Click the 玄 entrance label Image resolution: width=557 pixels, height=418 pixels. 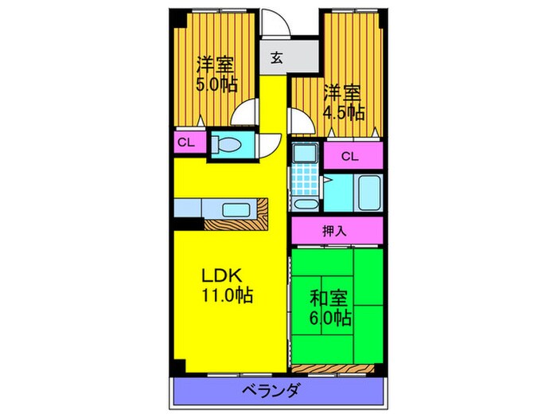(277, 57)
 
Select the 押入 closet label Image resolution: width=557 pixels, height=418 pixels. (334, 232)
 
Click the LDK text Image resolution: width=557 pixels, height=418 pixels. (222, 275)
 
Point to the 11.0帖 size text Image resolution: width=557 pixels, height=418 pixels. (228, 295)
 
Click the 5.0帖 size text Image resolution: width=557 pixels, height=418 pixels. (216, 84)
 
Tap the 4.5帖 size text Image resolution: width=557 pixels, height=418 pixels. (344, 113)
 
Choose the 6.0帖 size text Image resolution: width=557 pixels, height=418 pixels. (330, 318)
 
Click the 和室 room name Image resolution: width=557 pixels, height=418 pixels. (329, 299)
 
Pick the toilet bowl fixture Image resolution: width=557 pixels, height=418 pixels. (226, 145)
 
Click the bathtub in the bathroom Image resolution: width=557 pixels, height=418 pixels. (369, 193)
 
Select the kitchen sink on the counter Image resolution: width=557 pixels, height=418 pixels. (236, 209)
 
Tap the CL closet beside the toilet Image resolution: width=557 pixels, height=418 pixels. (189, 143)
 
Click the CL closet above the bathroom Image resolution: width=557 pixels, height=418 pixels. (353, 156)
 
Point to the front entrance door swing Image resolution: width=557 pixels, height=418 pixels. (275, 22)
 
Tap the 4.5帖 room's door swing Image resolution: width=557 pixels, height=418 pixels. (302, 122)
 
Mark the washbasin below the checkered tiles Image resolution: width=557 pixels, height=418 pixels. (306, 205)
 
